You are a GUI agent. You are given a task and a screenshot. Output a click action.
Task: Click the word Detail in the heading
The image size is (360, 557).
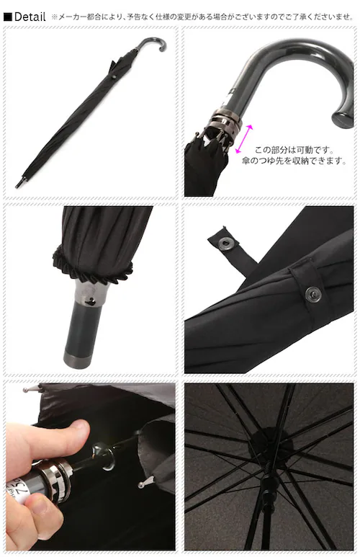30,17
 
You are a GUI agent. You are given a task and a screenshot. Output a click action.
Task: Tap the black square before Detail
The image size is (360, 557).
7,17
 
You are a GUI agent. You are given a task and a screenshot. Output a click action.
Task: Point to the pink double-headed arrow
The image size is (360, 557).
244,139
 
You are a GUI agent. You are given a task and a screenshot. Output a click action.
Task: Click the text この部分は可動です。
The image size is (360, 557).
294,150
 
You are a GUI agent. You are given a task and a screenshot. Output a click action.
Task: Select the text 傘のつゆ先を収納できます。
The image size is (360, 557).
294,161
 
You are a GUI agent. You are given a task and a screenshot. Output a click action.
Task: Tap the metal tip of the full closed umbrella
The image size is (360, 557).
19,183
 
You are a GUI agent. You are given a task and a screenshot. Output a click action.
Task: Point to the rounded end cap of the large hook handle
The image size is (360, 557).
343,119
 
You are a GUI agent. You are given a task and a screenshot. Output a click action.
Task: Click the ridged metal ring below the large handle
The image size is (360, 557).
226,121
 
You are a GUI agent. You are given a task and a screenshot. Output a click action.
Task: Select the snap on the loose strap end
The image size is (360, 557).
225,243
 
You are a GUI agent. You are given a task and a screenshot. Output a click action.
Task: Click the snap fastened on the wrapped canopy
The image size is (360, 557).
313,293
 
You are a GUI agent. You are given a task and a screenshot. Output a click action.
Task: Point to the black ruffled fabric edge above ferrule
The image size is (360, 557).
92,264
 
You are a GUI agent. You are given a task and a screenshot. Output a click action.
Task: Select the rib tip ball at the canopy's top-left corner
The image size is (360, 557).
26,390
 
